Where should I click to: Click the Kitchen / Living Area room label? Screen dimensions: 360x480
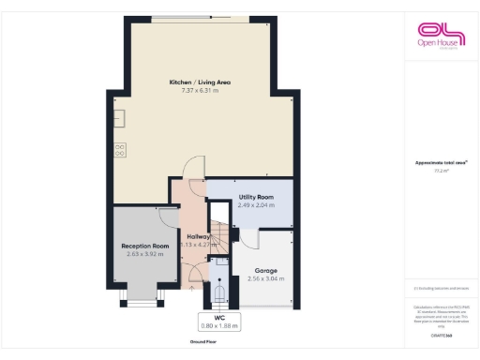coord(200,82)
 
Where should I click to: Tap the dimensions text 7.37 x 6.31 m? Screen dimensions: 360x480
coord(200,91)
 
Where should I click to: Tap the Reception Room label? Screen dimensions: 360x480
coord(145,246)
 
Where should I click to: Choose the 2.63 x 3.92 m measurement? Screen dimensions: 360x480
coord(145,254)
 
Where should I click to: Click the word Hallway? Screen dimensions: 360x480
coord(198,236)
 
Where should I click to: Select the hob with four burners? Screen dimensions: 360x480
coord(121,148)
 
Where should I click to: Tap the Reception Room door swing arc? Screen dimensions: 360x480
coord(167,217)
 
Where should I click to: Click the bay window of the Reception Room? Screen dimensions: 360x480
coord(142,298)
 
